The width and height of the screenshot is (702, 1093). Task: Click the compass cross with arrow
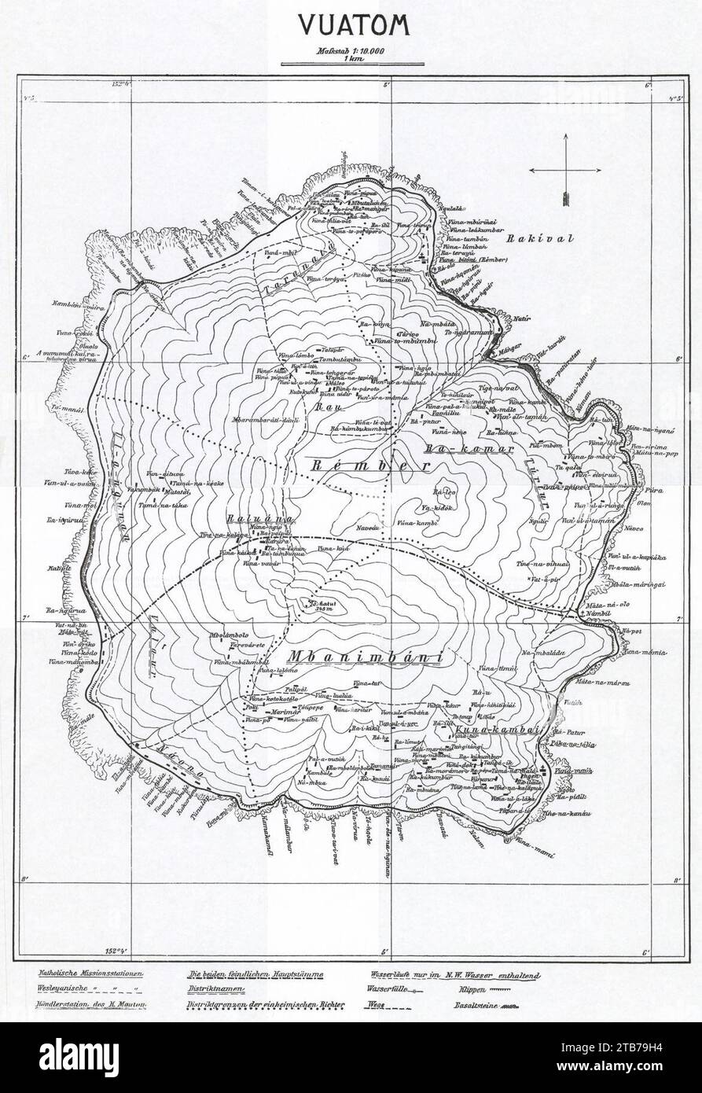pyautogui.click(x=564, y=170)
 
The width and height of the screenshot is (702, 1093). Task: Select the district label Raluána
pyautogui.click(x=248, y=520)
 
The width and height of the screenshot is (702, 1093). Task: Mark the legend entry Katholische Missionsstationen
pyautogui.click(x=86, y=973)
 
